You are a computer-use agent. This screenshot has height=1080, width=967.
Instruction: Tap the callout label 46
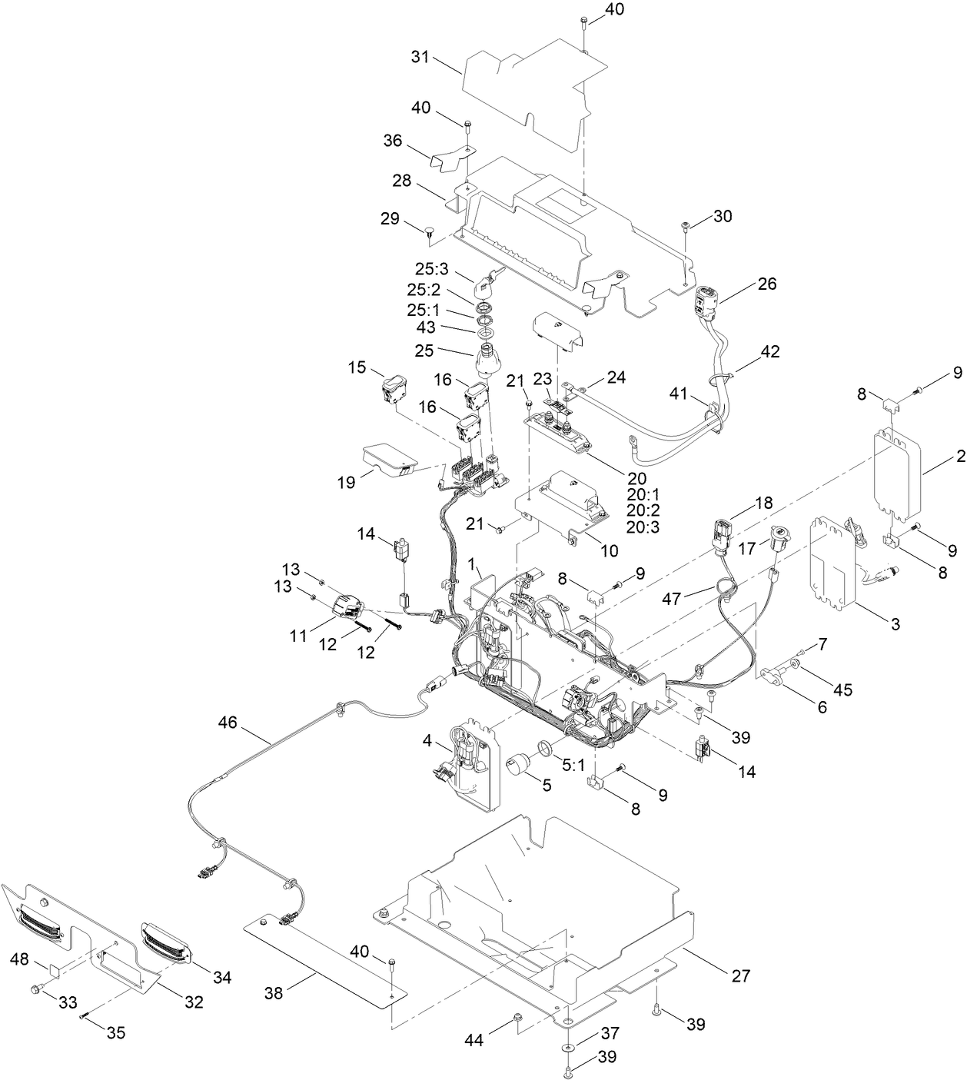click(228, 722)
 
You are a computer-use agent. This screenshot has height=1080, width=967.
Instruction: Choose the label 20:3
click(643, 527)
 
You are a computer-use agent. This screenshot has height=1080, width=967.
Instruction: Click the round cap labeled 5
click(517, 765)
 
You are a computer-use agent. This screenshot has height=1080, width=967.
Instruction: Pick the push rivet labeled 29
click(430, 228)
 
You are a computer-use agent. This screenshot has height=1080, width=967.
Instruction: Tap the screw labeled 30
click(685, 225)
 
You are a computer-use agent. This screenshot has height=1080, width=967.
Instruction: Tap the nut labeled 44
click(517, 1019)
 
